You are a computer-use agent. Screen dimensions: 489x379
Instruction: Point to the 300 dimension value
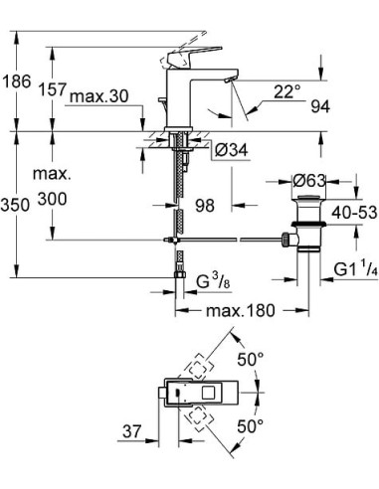click(53, 200)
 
